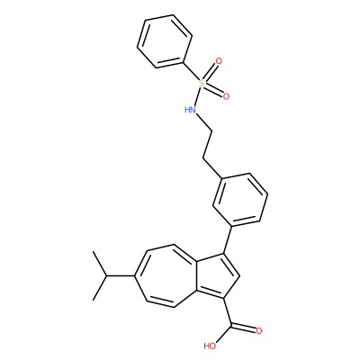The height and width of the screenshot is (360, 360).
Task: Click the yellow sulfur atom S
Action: (202, 83)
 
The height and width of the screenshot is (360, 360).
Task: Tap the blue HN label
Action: (190, 110)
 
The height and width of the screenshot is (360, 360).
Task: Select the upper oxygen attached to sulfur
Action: (219, 61)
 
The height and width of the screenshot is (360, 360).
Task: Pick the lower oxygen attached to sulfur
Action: (226, 96)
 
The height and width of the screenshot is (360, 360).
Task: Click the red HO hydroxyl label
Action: (210, 346)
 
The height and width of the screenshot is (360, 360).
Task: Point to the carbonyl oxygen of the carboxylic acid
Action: (259, 331)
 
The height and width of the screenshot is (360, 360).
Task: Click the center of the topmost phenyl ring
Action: (165, 41)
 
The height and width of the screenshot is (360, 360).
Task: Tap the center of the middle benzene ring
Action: (240, 200)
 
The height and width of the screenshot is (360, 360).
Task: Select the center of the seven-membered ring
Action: (168, 276)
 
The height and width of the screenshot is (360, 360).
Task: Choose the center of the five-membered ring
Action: (217, 276)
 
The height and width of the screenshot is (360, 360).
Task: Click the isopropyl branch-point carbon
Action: (106, 275)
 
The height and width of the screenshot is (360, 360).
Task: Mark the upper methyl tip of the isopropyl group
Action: (94, 252)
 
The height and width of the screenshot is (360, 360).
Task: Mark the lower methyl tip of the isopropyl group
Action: (94, 300)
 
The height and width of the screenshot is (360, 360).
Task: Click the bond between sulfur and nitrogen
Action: (197, 96)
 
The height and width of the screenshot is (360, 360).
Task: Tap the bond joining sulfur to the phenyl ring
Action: (191, 72)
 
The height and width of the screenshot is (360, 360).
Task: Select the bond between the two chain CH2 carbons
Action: (208, 144)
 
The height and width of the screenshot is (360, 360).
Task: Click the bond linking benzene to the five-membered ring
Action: (228, 239)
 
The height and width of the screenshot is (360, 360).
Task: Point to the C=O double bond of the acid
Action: (244, 328)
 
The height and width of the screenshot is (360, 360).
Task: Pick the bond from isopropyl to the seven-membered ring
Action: (121, 275)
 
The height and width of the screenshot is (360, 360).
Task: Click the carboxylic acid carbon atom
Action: (231, 325)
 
